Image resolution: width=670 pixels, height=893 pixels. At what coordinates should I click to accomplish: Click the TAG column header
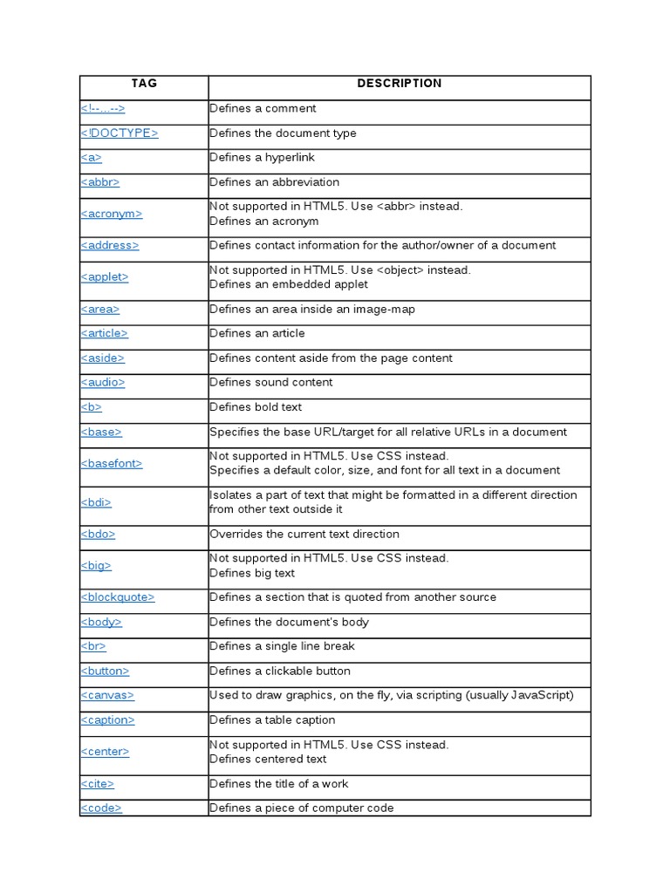144,84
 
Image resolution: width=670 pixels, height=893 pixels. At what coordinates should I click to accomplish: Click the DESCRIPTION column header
400,84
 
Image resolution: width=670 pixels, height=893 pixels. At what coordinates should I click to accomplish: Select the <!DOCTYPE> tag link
120,133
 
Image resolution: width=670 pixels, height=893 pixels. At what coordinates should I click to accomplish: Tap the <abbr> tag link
100,182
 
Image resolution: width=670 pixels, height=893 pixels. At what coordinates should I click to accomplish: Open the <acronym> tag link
112,214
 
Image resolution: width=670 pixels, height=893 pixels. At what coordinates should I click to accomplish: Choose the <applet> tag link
105,276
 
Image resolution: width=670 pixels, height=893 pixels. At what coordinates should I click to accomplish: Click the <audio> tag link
103,382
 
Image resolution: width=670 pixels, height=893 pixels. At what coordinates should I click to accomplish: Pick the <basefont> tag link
112,463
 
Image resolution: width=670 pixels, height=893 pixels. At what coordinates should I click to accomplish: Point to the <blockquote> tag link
118,597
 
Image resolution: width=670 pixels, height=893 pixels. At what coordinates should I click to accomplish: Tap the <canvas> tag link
107,695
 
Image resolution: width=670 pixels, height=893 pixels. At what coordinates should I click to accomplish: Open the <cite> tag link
98,784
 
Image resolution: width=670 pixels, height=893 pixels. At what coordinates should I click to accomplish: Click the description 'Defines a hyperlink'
262,158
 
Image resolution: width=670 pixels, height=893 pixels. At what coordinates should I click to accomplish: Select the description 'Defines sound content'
271,382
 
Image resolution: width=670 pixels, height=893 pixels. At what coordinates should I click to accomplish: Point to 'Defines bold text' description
256,407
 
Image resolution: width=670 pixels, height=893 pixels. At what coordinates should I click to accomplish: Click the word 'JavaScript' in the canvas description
542,695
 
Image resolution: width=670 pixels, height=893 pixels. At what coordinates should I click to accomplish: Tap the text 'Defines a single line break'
282,646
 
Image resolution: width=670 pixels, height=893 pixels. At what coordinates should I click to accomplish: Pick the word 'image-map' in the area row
388,309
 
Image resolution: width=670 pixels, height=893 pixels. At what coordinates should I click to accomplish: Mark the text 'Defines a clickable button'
280,671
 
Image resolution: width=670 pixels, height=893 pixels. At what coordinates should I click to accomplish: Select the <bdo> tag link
98,534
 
